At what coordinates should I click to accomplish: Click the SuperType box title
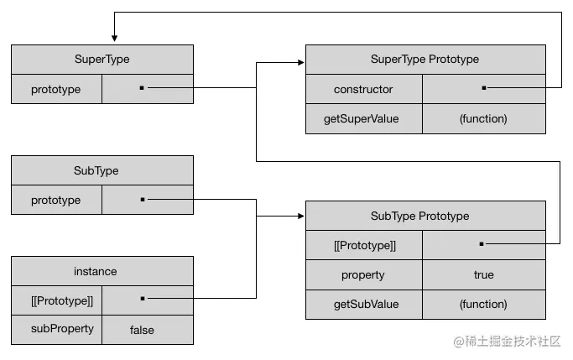pyautogui.click(x=102, y=60)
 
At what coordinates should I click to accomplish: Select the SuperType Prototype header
pyautogui.click(x=425, y=60)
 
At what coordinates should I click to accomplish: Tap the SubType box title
pyautogui.click(x=102, y=170)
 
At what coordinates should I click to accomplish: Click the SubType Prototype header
pyautogui.click(x=425, y=216)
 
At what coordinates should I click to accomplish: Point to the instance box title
pyautogui.click(x=102, y=271)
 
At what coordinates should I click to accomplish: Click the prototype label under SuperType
pyautogui.click(x=56, y=89)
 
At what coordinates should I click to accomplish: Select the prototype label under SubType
pyautogui.click(x=56, y=200)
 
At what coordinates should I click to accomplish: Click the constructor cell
pyautogui.click(x=363, y=89)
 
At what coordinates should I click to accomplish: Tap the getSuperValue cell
pyautogui.click(x=363, y=118)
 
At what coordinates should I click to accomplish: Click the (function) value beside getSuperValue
pyautogui.click(x=483, y=118)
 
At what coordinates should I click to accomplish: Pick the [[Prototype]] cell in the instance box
pyautogui.click(x=56, y=300)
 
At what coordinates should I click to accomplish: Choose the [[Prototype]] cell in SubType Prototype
pyautogui.click(x=363, y=245)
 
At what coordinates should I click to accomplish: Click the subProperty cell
pyautogui.click(x=56, y=330)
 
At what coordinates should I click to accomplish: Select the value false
pyautogui.click(x=142, y=330)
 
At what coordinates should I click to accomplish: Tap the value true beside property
pyautogui.click(x=483, y=274)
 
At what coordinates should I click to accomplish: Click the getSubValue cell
pyautogui.click(x=363, y=304)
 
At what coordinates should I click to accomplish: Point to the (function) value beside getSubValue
pyautogui.click(x=483, y=304)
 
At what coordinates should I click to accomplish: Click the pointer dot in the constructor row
pyautogui.click(x=484, y=87)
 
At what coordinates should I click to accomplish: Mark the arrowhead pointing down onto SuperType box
pyautogui.click(x=114, y=39)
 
